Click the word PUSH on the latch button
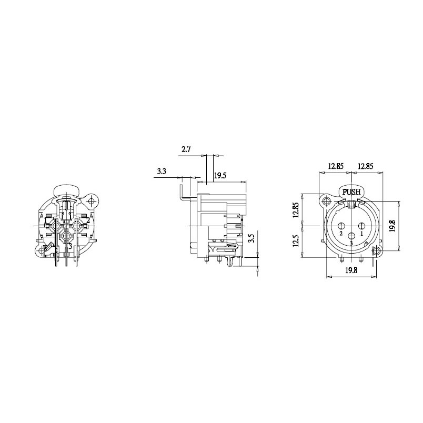tap(351, 192)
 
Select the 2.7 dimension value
tap(186, 149)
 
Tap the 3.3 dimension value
tap(162, 172)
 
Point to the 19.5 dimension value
tap(220, 176)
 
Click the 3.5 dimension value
tap(251, 239)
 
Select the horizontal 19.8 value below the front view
tap(351, 270)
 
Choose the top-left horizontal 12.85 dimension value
tap(336, 166)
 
